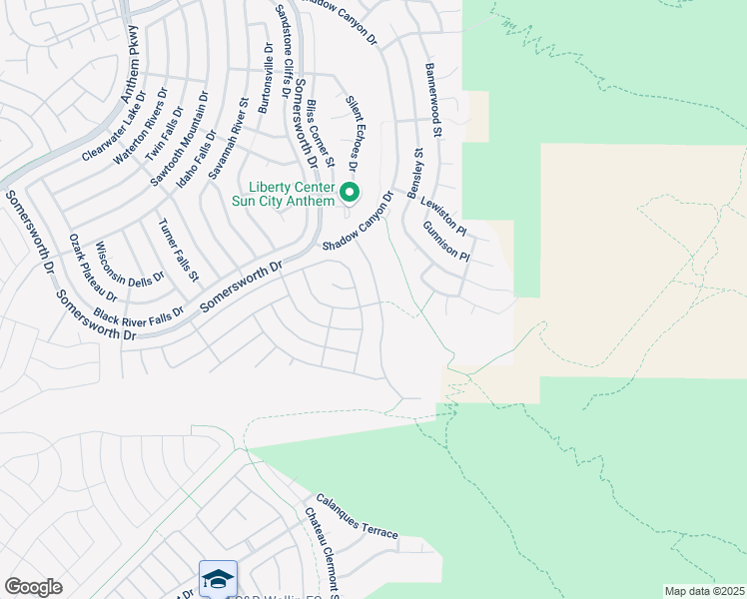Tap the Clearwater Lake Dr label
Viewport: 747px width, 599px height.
click(115, 126)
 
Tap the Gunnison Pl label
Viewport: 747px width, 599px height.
click(445, 241)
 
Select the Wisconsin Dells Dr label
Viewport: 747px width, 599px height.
click(129, 265)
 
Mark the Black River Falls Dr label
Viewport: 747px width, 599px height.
click(139, 315)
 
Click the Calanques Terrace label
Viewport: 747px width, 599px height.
click(357, 516)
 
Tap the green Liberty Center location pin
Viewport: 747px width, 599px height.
click(350, 191)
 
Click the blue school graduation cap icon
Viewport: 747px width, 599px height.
click(218, 578)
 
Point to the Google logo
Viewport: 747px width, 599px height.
click(33, 587)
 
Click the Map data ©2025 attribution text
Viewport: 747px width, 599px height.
click(705, 590)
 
